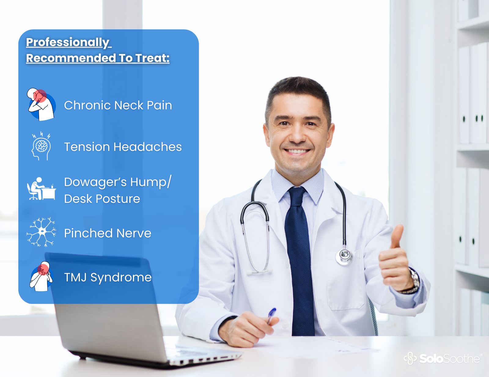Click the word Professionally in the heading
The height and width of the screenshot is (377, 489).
click(x=68, y=42)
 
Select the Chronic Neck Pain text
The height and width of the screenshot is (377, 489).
click(x=118, y=105)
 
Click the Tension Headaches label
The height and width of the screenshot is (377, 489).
click(x=123, y=147)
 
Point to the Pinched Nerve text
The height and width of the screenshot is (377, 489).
click(x=108, y=233)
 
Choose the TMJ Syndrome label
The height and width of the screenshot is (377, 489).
click(x=108, y=277)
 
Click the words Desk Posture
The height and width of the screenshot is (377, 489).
click(x=102, y=199)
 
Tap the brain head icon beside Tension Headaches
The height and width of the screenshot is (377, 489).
click(x=41, y=146)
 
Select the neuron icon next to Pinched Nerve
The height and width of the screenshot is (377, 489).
click(x=41, y=232)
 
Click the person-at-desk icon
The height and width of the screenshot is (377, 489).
click(x=41, y=188)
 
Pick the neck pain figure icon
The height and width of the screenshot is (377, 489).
click(x=41, y=104)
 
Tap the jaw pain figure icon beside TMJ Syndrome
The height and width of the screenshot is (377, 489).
click(x=41, y=276)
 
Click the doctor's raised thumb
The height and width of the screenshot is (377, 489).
click(x=397, y=236)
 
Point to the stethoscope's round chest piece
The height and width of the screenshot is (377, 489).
click(x=344, y=256)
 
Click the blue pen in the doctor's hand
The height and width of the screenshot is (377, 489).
click(x=271, y=316)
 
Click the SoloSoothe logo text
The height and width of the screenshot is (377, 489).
click(x=449, y=359)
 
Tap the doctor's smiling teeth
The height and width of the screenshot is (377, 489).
click(x=297, y=151)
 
